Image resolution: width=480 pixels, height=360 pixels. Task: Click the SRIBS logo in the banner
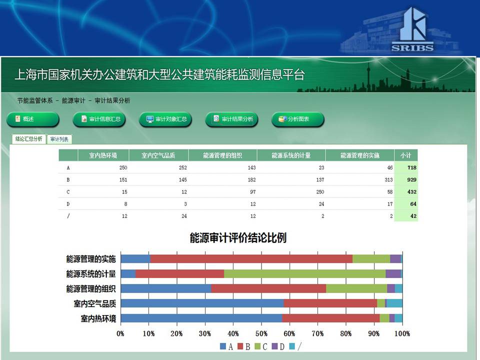click(412, 29)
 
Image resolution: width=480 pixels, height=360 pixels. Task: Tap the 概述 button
click(33, 119)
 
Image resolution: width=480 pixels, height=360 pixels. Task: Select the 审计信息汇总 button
click(99, 119)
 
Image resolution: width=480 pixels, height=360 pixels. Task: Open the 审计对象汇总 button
click(165, 119)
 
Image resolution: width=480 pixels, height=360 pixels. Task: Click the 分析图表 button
click(298, 119)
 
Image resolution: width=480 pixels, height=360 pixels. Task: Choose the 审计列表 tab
click(59, 139)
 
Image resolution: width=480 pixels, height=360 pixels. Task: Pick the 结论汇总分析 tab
click(29, 139)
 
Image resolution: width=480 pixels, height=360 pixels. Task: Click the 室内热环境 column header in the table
click(103, 155)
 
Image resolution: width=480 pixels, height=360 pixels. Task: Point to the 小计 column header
click(406, 155)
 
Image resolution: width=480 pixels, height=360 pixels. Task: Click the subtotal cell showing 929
click(411, 179)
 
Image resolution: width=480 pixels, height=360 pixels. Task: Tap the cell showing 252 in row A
click(183, 167)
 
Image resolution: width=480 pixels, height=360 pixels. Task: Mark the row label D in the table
click(68, 204)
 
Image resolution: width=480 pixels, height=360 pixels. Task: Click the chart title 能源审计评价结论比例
click(238, 238)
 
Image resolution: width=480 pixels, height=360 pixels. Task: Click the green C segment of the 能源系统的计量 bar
click(305, 273)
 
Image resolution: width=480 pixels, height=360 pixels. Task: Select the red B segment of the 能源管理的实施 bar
click(251, 258)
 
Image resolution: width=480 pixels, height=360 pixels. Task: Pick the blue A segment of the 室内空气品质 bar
click(202, 303)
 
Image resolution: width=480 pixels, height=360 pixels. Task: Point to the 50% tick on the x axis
click(261, 333)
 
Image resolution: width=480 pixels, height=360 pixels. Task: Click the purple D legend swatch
click(274, 346)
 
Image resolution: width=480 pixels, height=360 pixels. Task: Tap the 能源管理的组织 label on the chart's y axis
click(91, 288)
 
